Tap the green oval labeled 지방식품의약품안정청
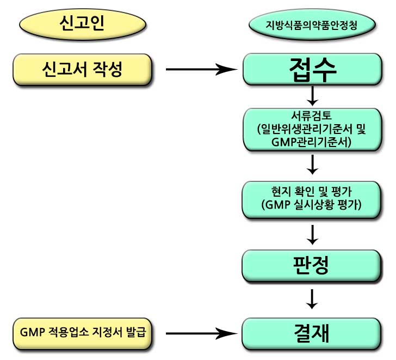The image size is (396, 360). pyautogui.click(x=312, y=25)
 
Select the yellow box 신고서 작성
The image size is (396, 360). pyautogui.click(x=82, y=70)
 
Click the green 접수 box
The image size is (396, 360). pyautogui.click(x=312, y=70)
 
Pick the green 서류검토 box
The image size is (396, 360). pyautogui.click(x=312, y=130)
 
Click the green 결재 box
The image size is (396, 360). pyautogui.click(x=312, y=332)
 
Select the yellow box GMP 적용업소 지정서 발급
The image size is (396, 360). pyautogui.click(x=82, y=332)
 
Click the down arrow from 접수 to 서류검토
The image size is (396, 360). pyautogui.click(x=312, y=96)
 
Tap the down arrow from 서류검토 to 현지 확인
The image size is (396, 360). pyautogui.click(x=312, y=163)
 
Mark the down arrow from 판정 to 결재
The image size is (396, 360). pyautogui.click(x=312, y=298)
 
